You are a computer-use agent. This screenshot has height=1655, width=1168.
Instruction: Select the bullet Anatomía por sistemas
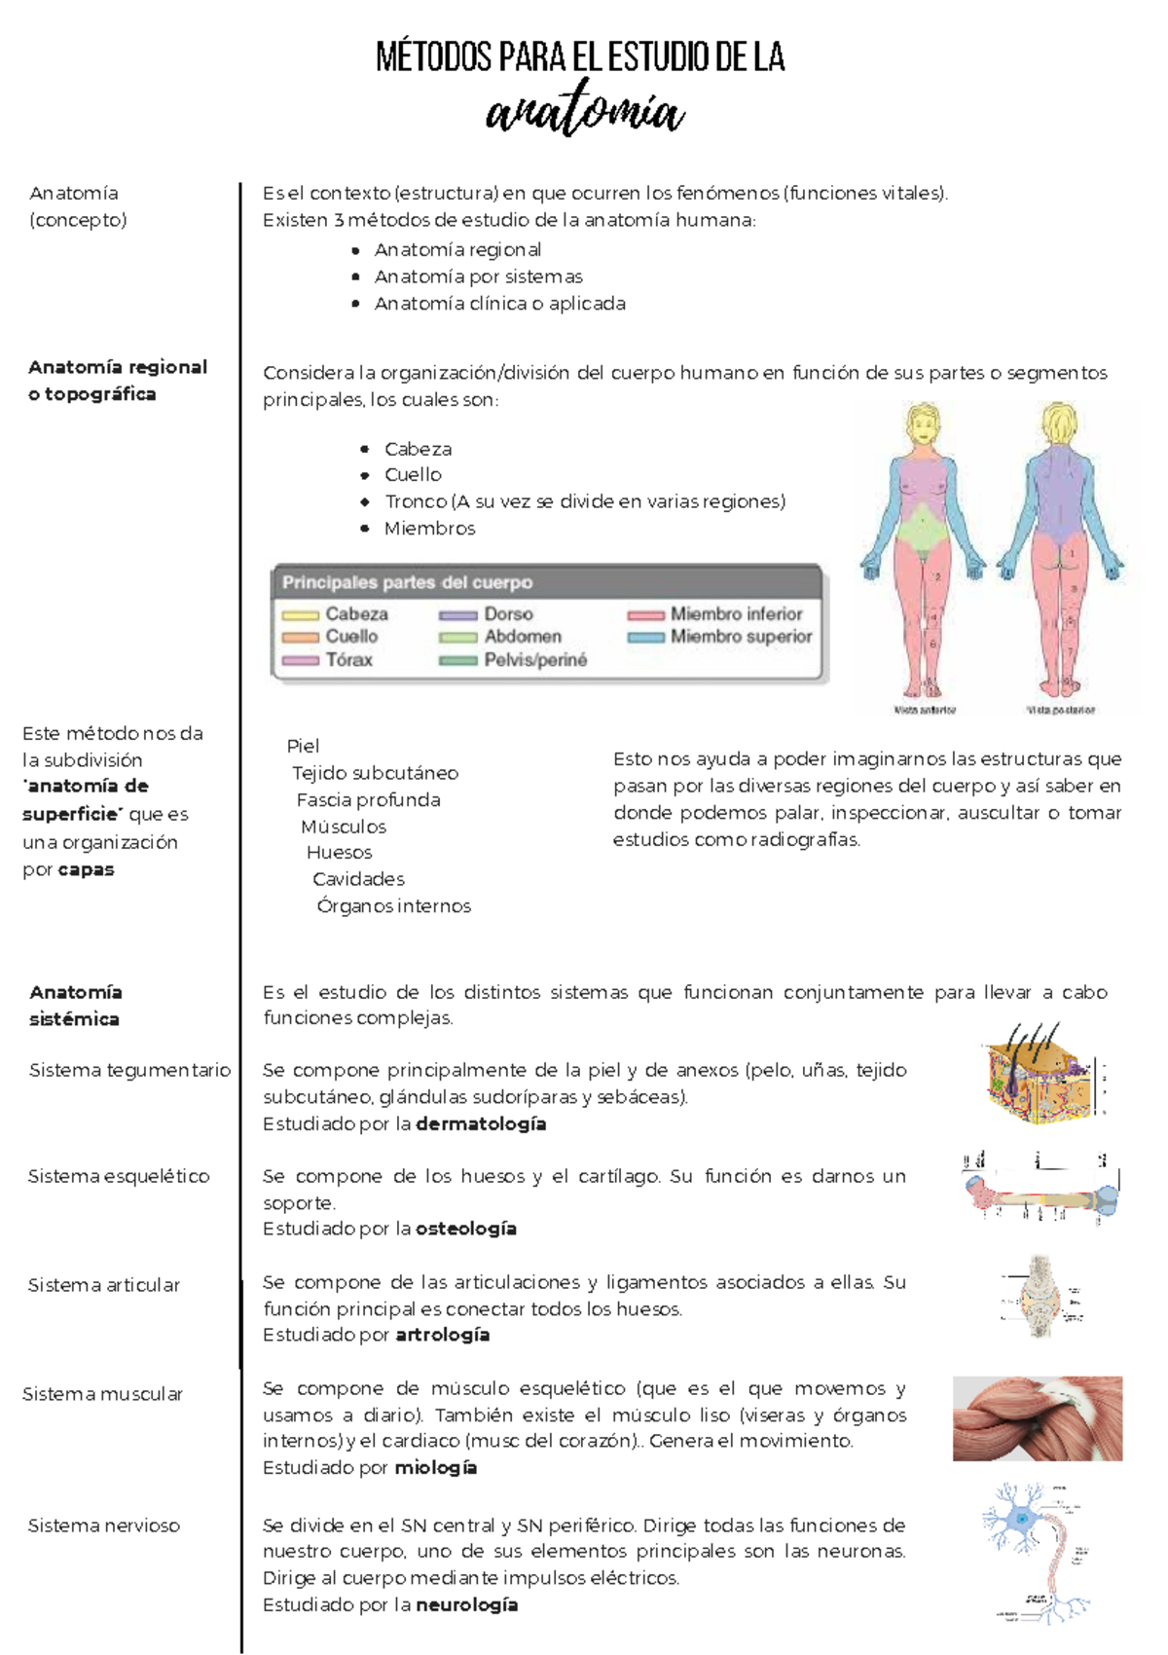[478, 276]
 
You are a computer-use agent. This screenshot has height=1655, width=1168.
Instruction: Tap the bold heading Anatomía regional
[118, 367]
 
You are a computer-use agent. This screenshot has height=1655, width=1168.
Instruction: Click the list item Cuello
[413, 475]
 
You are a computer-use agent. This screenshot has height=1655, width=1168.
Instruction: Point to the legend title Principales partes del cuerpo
[407, 582]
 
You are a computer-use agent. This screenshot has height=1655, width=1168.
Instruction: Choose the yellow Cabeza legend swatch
[301, 615]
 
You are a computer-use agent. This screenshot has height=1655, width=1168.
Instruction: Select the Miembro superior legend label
[741, 637]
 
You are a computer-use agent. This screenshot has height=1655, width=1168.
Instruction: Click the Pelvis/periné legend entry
[535, 660]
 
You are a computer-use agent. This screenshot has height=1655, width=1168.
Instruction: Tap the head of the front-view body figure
[922, 424]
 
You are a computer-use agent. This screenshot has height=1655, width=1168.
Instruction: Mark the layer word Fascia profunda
[368, 800]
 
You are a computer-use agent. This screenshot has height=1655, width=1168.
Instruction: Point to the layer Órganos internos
[393, 906]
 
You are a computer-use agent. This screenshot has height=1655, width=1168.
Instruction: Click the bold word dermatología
[481, 1124]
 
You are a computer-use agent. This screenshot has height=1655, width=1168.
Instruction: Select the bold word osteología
[465, 1230]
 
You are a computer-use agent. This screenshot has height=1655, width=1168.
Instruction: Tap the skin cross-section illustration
[1042, 1076]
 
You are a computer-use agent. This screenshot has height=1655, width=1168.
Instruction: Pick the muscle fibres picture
[1037, 1418]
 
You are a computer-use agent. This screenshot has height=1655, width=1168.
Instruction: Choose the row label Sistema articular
[104, 1285]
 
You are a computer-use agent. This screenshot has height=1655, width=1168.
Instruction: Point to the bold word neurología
[466, 1605]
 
